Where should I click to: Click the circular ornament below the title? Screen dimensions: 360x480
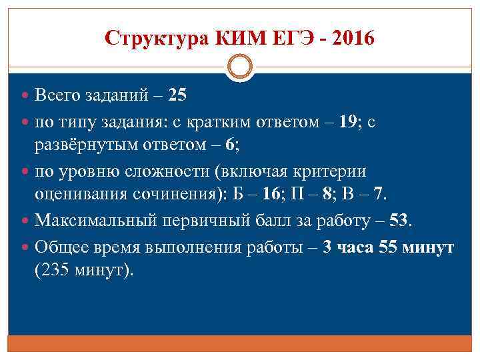[x=240, y=68]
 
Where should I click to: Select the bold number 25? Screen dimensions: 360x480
[x=178, y=95]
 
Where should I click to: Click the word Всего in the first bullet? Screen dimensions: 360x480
[x=57, y=95]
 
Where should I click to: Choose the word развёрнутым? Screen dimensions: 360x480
[x=86, y=145]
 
